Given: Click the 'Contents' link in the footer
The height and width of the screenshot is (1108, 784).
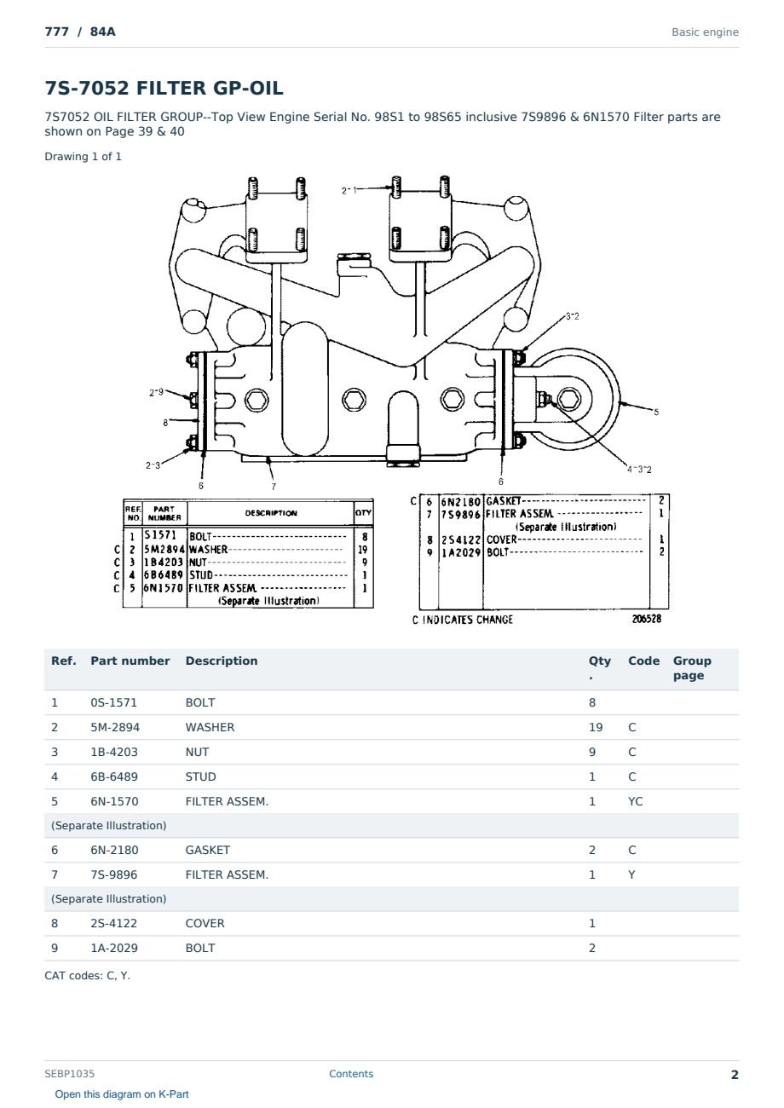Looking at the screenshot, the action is coord(351,1073).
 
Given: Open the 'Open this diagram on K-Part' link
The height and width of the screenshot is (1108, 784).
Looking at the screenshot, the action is coord(122,1094).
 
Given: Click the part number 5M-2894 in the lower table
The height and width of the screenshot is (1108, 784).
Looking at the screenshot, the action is coord(115,727).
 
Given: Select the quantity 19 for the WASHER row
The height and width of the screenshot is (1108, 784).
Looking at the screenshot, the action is coord(596,727).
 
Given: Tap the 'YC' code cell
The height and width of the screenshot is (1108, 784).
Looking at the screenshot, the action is coord(635,801).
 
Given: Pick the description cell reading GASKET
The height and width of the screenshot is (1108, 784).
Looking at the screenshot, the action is coord(207,850).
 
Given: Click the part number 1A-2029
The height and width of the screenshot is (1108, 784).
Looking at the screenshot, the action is coord(114,948).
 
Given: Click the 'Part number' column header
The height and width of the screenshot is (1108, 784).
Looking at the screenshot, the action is coord(130,661).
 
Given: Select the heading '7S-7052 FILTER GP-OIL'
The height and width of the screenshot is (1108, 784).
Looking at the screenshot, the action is coord(164,88).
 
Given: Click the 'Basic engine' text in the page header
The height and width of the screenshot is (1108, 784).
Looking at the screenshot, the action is coord(705,32).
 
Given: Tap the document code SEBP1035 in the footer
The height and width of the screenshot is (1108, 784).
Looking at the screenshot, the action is coord(69,1073).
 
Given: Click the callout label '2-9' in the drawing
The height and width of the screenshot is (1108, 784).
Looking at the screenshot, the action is coord(156,392).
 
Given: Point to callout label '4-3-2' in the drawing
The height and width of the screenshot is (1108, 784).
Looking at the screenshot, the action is coord(639,469).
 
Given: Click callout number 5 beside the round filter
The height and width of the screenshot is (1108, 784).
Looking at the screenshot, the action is coord(656,412).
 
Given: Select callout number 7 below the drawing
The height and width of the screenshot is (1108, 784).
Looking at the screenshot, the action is coord(274,486).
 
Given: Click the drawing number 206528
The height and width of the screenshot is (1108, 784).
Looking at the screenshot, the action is coord(647,619).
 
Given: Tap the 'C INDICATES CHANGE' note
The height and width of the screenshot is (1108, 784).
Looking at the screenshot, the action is coord(463,620).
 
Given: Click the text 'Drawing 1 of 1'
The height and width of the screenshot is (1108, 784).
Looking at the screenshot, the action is coord(83,157).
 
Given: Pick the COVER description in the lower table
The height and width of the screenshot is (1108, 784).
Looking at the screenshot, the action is coord(205,923).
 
